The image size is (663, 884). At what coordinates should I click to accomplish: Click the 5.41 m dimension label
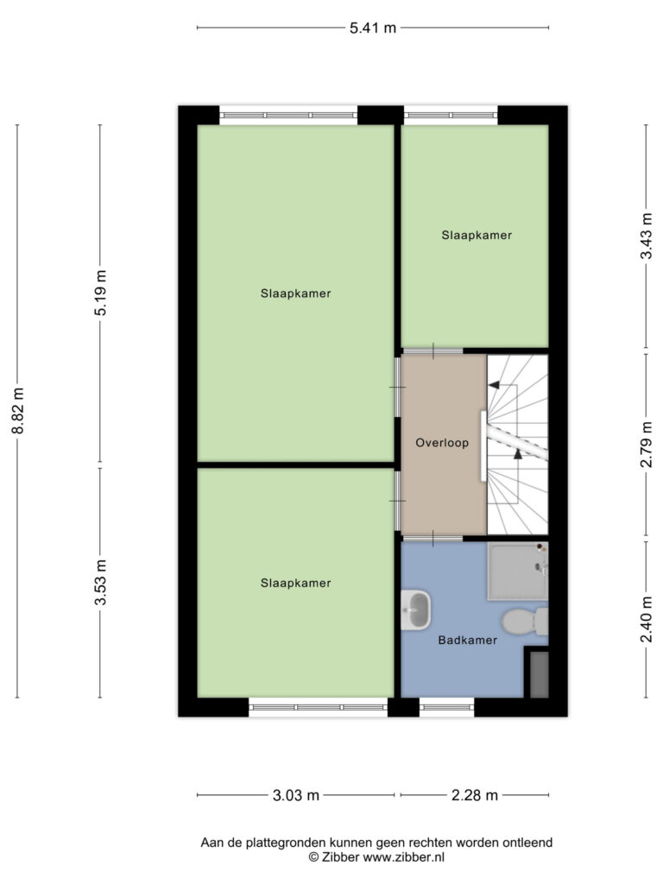tap(373, 28)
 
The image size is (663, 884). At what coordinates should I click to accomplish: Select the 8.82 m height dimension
tap(19, 410)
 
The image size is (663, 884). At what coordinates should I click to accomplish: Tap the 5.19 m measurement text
tap(100, 294)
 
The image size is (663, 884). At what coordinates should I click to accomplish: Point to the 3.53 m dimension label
tap(100, 583)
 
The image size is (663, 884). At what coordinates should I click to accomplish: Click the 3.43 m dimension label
tap(646, 236)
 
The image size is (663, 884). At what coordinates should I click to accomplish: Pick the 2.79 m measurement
tap(646, 445)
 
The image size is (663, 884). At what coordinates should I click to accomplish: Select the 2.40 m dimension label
tap(646, 619)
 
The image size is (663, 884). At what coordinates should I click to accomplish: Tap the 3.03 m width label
tap(296, 795)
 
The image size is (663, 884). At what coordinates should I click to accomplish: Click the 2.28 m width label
tap(475, 795)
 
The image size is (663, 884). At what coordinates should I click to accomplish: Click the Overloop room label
tap(442, 443)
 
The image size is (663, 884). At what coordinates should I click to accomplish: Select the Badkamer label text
tap(468, 641)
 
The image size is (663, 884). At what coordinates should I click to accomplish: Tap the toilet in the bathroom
tap(525, 622)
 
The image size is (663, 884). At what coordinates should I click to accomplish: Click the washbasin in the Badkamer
tap(416, 609)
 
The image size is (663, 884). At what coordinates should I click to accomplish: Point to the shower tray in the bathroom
tap(518, 571)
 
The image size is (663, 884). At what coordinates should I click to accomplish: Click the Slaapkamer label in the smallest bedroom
tap(477, 236)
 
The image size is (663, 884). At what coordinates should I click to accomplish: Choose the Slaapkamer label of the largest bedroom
tap(296, 294)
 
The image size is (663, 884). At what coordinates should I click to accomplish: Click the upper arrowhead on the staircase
tap(494, 385)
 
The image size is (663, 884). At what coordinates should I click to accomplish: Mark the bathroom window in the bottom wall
tap(447, 707)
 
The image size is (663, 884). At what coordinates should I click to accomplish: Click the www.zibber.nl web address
tap(404, 857)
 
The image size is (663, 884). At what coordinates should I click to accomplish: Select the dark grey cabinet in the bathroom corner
tap(539, 675)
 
